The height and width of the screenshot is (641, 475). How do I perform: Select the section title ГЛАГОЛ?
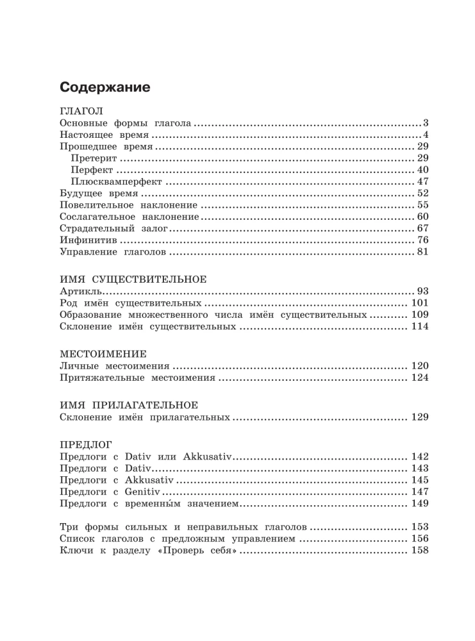click(x=81, y=110)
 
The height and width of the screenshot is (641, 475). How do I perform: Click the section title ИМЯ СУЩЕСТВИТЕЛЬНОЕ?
click(x=133, y=279)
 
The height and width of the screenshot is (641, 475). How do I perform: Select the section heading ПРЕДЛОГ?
click(x=85, y=444)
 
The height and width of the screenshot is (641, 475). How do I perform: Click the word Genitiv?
click(x=142, y=492)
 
